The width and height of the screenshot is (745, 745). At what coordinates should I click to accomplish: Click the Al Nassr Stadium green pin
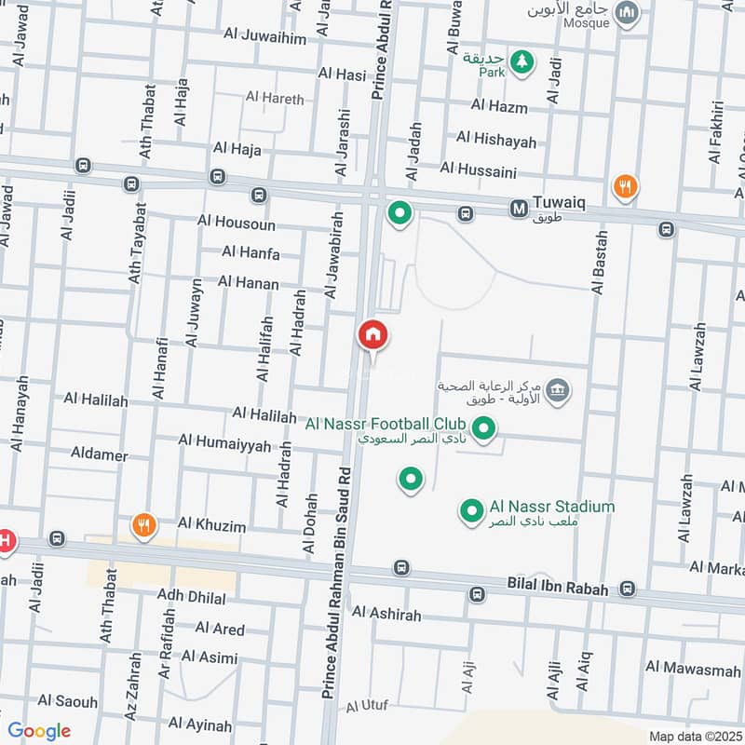pos(472,509)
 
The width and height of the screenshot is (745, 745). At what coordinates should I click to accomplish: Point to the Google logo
pos(38,731)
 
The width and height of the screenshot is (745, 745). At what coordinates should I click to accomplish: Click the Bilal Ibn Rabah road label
pos(557,589)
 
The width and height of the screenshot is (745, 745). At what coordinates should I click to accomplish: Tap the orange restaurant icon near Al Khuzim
pos(142,525)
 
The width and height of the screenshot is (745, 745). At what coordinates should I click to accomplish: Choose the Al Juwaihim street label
pos(265,36)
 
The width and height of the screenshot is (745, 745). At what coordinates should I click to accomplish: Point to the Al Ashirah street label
pos(386,615)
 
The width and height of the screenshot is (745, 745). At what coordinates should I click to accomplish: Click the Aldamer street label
pos(99,454)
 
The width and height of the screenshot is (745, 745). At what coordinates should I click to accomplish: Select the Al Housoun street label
pos(236,222)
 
